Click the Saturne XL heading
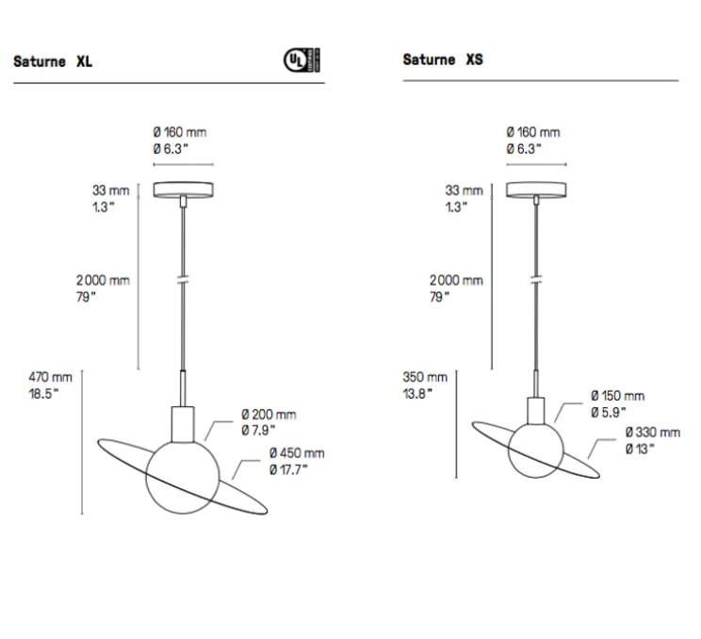tap(52, 62)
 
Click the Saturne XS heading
tap(443, 59)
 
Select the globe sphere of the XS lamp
tap(536, 451)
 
